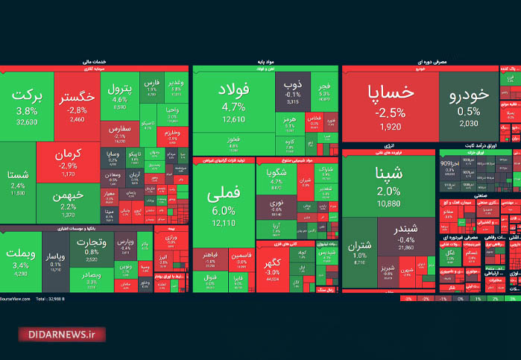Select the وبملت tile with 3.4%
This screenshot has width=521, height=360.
21,257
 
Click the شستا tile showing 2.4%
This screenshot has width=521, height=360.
16,180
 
